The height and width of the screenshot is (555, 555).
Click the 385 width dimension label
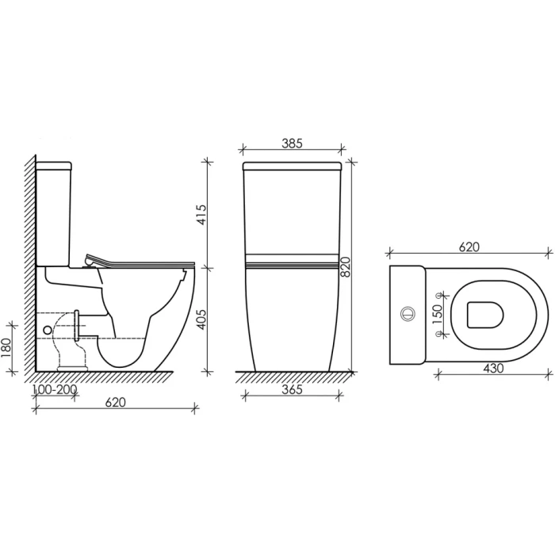292,144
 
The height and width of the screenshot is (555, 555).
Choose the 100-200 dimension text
55,390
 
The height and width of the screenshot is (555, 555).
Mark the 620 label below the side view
116,403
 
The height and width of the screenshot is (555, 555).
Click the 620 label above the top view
469,247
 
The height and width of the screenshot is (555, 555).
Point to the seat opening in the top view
485,315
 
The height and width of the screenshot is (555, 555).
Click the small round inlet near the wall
47,328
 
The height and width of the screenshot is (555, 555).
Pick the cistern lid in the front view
292,167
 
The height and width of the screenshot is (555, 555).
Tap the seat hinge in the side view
90,260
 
